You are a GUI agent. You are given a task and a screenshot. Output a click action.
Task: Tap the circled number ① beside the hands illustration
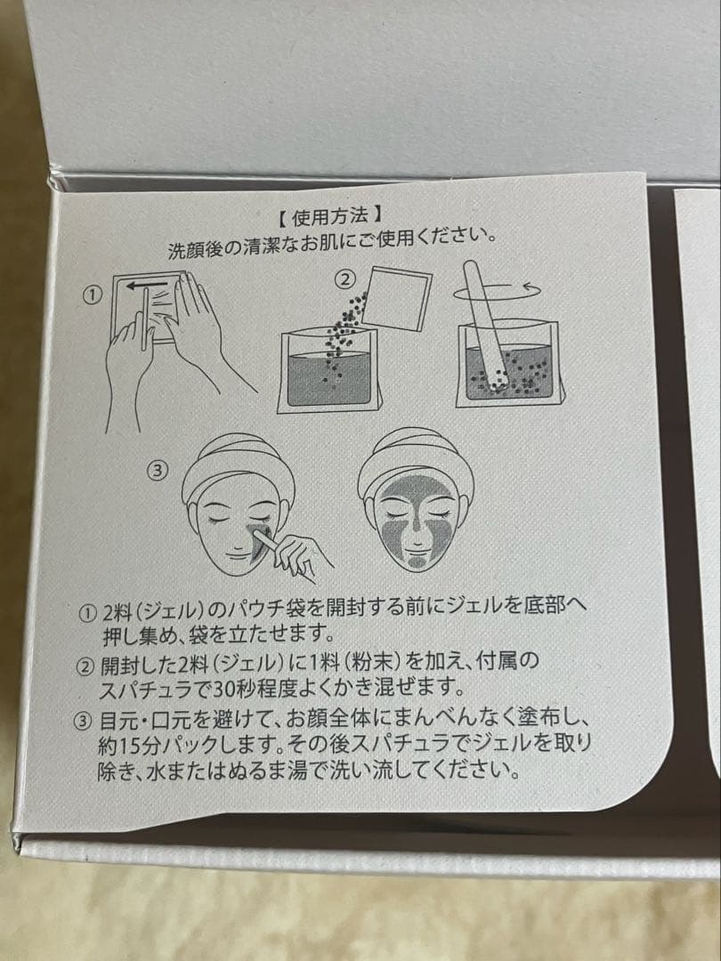[x=92, y=296]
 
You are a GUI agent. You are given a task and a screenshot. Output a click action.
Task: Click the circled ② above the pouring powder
[x=345, y=279]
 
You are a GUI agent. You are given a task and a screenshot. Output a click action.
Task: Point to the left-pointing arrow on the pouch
[x=146, y=285]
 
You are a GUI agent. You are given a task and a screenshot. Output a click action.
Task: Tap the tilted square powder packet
[x=397, y=298]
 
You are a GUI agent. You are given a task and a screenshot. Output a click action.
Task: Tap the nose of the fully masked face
[x=416, y=527]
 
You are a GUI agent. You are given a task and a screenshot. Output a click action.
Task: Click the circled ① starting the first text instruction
[x=89, y=612]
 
